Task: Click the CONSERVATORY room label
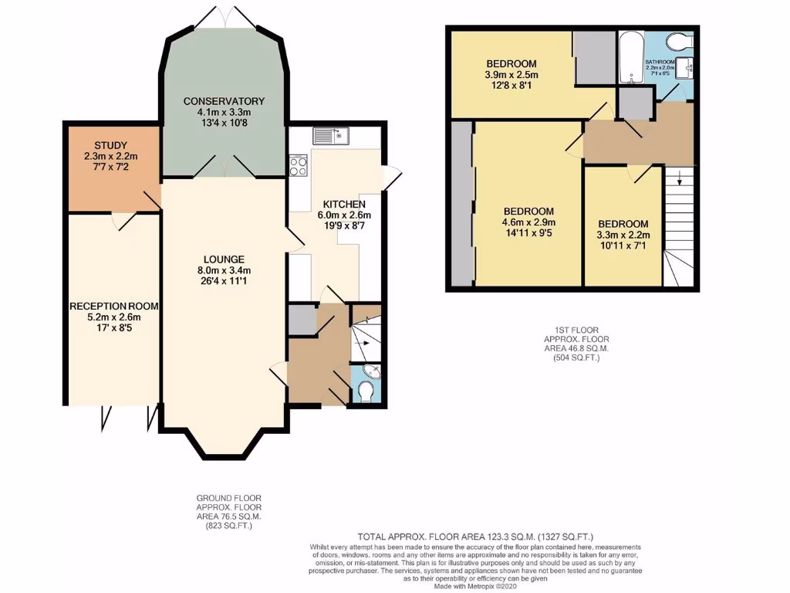tap(224, 101)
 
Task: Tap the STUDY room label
tap(110, 145)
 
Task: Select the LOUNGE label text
tap(224, 259)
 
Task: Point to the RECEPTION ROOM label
tap(113, 306)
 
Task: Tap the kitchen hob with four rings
tap(298, 165)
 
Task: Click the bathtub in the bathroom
tap(630, 58)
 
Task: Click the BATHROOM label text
tap(660, 62)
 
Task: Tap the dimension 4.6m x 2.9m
tap(528, 222)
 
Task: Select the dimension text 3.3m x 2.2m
tap(624, 236)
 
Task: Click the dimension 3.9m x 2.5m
tap(511, 75)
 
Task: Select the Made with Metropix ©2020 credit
tap(474, 587)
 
